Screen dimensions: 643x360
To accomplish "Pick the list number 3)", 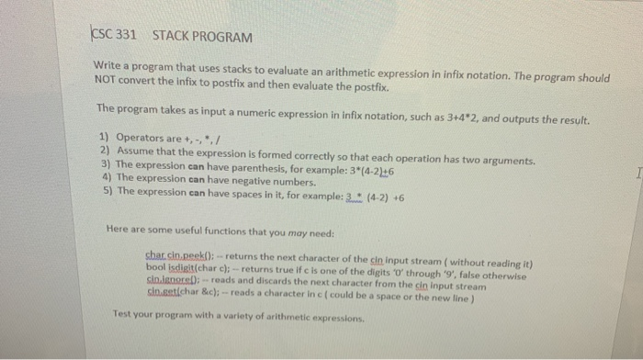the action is coord(105,163).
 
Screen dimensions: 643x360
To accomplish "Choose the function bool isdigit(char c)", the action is coord(188,264).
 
